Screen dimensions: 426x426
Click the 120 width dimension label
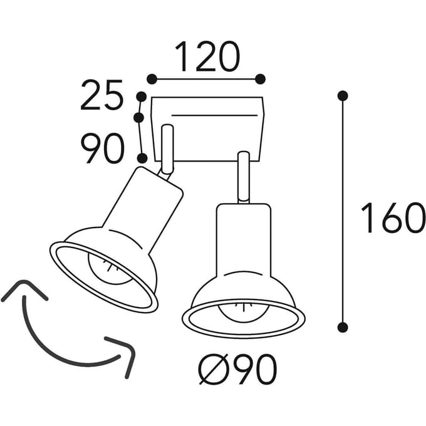pos(208,56)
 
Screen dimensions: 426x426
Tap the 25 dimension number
pos(102,95)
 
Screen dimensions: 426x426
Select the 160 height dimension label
pos(393,217)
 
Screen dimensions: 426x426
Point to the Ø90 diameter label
pos(237,370)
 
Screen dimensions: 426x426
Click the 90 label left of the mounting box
pos(102,148)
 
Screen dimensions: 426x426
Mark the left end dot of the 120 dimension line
pos(152,79)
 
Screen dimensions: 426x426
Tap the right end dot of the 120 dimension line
pos(260,79)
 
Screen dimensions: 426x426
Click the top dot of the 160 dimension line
pos(343,96)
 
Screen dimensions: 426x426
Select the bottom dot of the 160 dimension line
pos(343,327)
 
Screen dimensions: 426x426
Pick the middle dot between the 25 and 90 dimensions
pos(139,118)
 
